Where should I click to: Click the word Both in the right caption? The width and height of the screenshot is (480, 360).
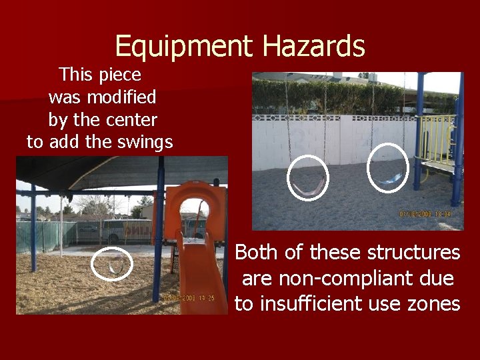click(x=255, y=253)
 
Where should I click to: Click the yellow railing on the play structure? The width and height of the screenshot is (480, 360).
click(x=440, y=140)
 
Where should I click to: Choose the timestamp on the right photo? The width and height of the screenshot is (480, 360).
click(x=425, y=215)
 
